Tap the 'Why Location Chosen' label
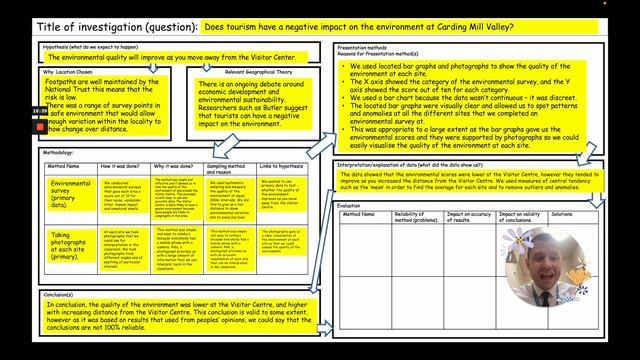68,72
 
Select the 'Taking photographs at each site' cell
71,246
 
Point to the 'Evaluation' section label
351,205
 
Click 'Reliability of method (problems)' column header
416,217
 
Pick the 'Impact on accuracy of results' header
469,217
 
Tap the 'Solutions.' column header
562,214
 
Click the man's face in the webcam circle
548,265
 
